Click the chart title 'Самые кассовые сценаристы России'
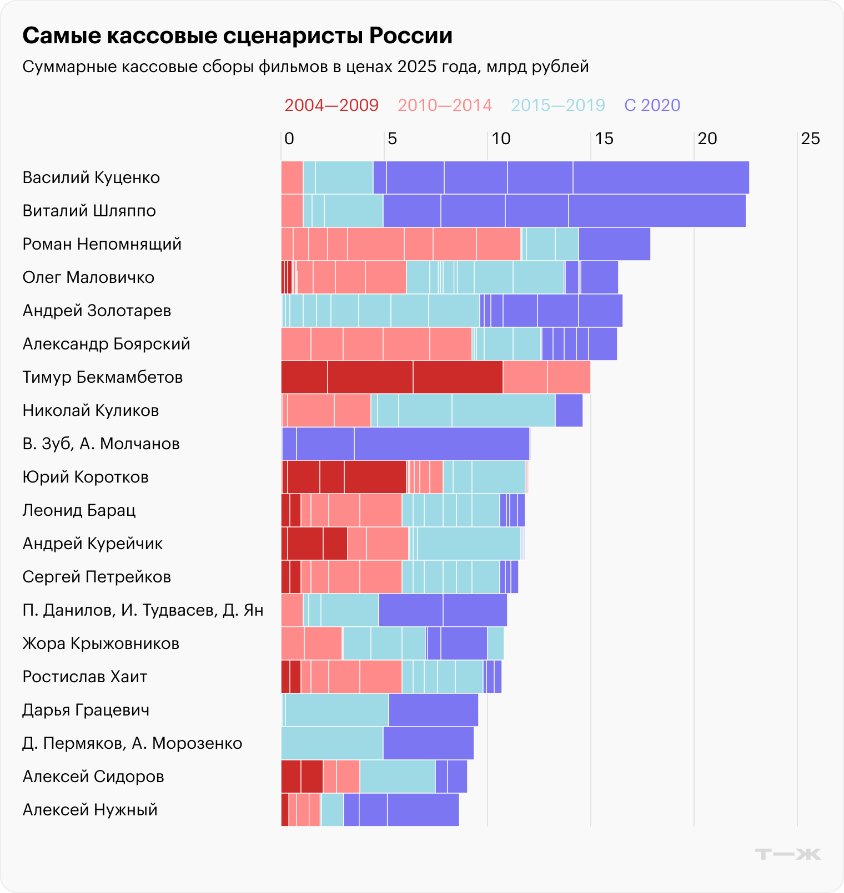pyautogui.click(x=237, y=36)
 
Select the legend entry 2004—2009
pyautogui.click(x=331, y=105)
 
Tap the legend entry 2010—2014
pyautogui.click(x=444, y=105)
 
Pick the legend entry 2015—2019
pyautogui.click(x=557, y=105)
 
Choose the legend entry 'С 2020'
pyautogui.click(x=652, y=105)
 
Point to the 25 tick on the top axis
pyautogui.click(x=810, y=139)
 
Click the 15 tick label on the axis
pyautogui.click(x=604, y=139)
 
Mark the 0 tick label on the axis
pyautogui.click(x=289, y=139)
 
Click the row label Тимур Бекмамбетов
pyautogui.click(x=103, y=377)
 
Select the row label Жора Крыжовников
pyautogui.click(x=101, y=643)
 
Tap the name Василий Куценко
pyautogui.click(x=91, y=177)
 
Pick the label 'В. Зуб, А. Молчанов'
pyautogui.click(x=101, y=444)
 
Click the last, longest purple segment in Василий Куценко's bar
pyautogui.click(x=661, y=177)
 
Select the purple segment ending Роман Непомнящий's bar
pyautogui.click(x=614, y=244)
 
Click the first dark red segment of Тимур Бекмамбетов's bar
pyautogui.click(x=304, y=377)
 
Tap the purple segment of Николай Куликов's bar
pyautogui.click(x=569, y=410)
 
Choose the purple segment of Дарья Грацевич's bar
pyautogui.click(x=433, y=710)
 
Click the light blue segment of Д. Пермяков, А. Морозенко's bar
pyautogui.click(x=332, y=743)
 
